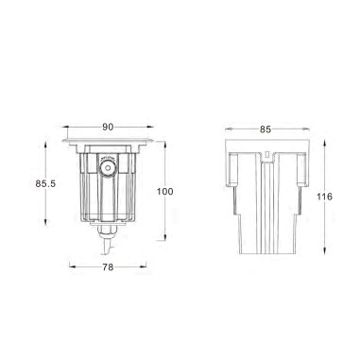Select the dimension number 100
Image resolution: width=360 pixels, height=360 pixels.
(x=166, y=191)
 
